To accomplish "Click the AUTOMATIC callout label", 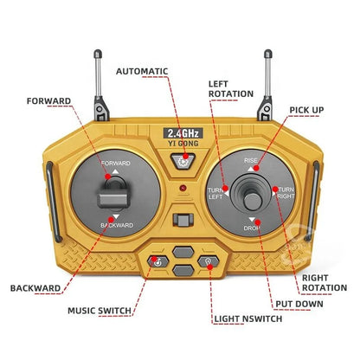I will [x=149, y=71].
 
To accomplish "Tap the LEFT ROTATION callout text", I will [x=230, y=88].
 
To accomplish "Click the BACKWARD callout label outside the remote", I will [x=35, y=287].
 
